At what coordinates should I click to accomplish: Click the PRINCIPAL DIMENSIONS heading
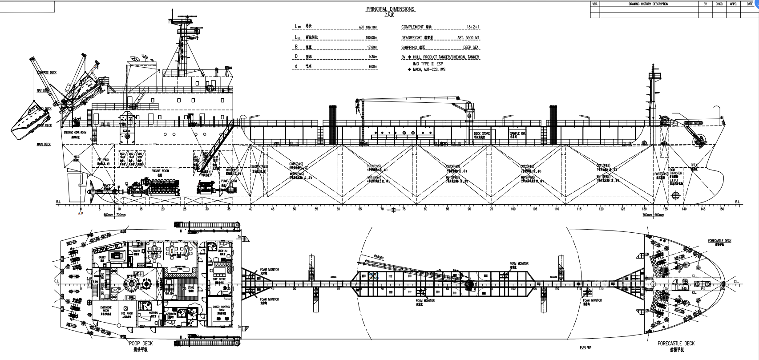click(390, 9)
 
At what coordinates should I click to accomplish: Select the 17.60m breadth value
click(371, 47)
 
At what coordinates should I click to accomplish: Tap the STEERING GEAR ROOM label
click(74, 132)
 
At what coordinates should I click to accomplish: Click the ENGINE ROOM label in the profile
click(158, 170)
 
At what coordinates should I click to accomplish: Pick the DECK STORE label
click(481, 133)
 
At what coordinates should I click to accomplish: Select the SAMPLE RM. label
click(517, 133)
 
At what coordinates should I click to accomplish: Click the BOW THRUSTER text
click(675, 172)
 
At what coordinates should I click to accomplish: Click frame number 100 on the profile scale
click(513, 209)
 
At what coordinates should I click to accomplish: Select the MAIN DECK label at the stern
click(44, 144)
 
